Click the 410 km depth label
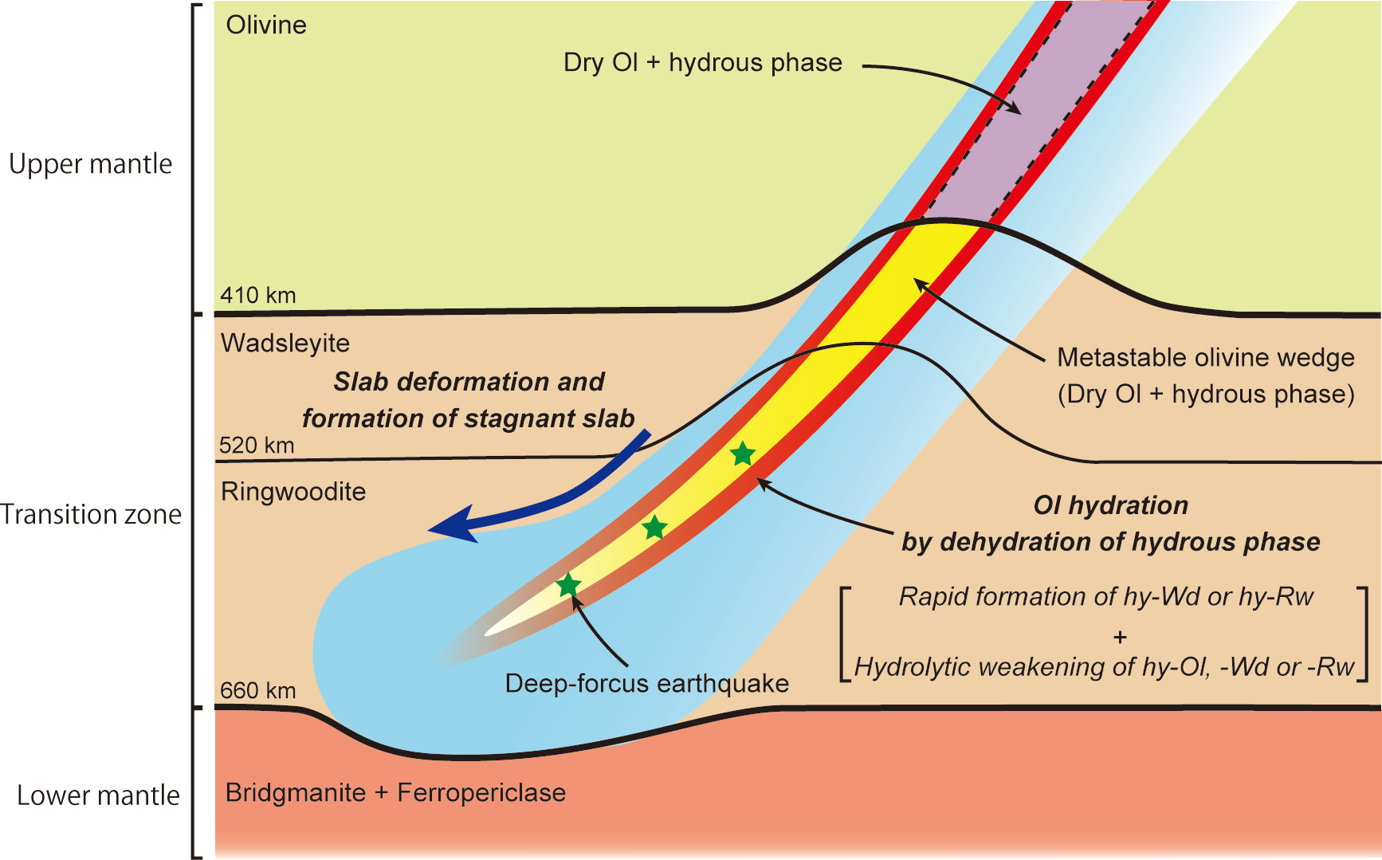tap(258, 295)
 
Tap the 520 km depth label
tap(257, 445)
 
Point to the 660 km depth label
tap(258, 690)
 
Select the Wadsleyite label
tap(285, 344)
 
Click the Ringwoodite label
tap(293, 492)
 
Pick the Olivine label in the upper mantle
tap(266, 25)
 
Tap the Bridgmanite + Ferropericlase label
tap(396, 793)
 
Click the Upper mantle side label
tap(91, 164)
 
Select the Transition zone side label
tap(91, 514)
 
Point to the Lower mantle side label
tap(99, 795)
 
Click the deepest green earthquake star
tap(568, 586)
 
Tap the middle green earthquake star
tap(654, 528)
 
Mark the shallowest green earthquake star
tap(743, 454)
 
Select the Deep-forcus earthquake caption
tap(647, 684)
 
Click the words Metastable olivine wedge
tap(1206, 358)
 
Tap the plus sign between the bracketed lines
tap(1121, 637)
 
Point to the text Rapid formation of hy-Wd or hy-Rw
tap(1106, 597)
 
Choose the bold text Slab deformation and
tap(469, 382)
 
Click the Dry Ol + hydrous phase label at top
tap(703, 63)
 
